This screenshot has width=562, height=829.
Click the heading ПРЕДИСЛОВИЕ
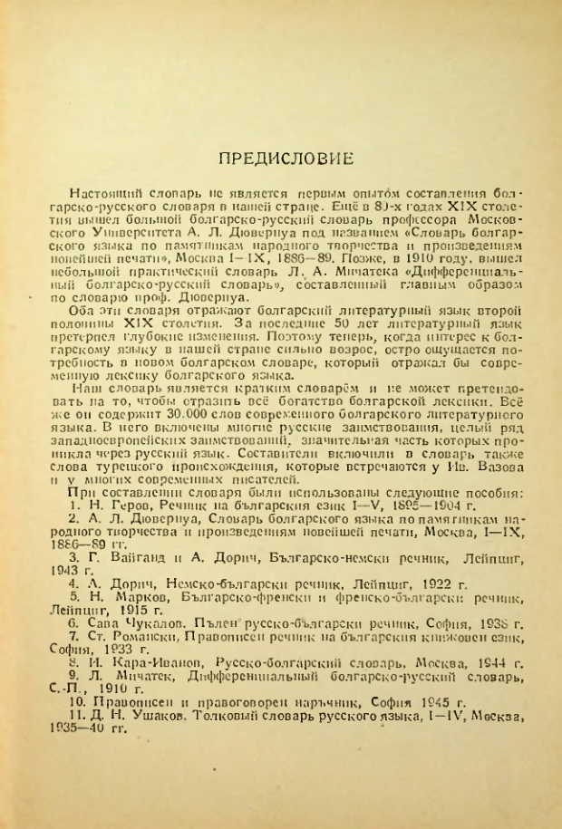287,160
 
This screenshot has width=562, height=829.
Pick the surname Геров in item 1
119,529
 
